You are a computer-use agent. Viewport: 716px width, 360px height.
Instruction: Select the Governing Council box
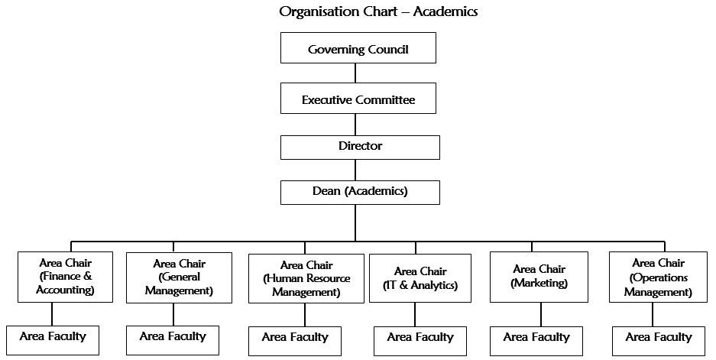(x=358, y=48)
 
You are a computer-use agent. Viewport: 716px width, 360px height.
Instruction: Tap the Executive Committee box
(x=358, y=99)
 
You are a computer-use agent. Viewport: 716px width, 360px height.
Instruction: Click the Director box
(x=360, y=147)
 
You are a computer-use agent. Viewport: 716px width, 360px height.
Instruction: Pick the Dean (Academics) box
(x=360, y=192)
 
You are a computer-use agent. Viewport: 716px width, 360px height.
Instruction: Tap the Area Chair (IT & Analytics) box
(x=420, y=277)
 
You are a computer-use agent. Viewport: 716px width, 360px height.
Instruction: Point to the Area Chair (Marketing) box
(x=539, y=277)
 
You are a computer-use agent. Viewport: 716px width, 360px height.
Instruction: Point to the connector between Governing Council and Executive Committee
(x=355, y=73)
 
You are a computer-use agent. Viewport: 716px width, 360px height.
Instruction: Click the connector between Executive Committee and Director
(x=355, y=125)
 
